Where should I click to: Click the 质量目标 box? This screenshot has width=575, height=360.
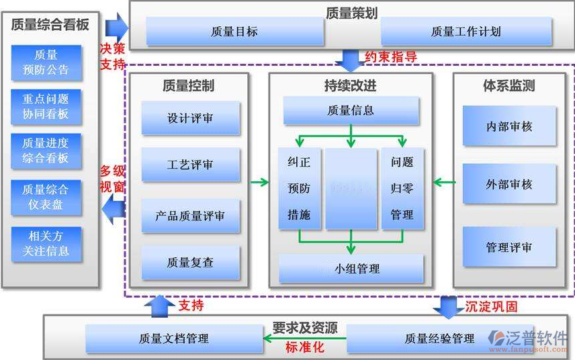pos(234,32)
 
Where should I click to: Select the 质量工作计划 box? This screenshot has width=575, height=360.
pos(466,32)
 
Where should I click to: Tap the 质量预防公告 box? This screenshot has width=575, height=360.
pos(46,62)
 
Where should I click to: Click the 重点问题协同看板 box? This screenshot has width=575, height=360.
pos(46,106)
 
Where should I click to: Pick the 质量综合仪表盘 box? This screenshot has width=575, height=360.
pos(46,197)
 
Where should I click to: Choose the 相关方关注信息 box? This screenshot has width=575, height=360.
pos(46,244)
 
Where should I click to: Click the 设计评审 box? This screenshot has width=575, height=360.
pos(190,118)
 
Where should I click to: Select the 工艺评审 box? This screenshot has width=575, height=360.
pos(190,165)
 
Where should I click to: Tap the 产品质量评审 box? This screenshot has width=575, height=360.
pos(190,216)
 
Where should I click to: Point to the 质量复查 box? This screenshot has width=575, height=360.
pos(190,263)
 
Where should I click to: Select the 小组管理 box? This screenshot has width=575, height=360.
pos(351,269)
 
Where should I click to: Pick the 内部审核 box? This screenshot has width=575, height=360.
pos(508,126)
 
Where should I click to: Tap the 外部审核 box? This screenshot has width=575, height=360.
pos(508,183)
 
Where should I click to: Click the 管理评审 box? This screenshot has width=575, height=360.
pos(508,247)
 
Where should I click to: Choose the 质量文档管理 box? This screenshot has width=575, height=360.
pos(173,338)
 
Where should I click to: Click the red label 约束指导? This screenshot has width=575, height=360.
pos(391,57)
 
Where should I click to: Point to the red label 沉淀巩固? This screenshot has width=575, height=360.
pos(492,306)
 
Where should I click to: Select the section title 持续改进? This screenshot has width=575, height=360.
pos(349,86)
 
